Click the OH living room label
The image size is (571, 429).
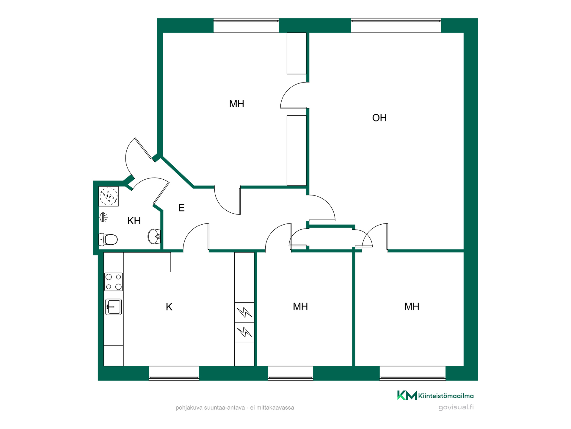click(x=379, y=118)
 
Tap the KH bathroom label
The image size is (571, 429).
click(x=134, y=221)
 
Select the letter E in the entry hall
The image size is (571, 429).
click(x=181, y=208)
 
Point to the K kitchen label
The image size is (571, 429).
click(x=169, y=307)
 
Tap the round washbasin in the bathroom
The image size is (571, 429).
click(x=154, y=237)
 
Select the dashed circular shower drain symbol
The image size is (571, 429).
click(x=109, y=196)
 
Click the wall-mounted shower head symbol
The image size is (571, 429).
click(x=103, y=217)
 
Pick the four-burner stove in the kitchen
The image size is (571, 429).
click(x=114, y=282)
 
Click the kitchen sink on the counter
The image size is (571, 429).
click(x=114, y=307)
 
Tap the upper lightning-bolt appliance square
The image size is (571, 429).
click(x=244, y=313)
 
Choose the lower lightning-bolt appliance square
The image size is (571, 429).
click(x=244, y=332)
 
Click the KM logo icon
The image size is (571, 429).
click(x=407, y=395)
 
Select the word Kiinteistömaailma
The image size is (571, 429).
click(x=446, y=396)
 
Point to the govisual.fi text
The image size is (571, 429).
click(x=456, y=407)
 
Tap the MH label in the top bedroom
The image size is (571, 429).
click(x=237, y=104)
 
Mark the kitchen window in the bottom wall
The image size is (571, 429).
click(x=174, y=373)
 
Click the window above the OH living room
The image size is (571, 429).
click(x=396, y=25)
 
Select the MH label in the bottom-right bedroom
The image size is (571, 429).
click(x=412, y=307)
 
